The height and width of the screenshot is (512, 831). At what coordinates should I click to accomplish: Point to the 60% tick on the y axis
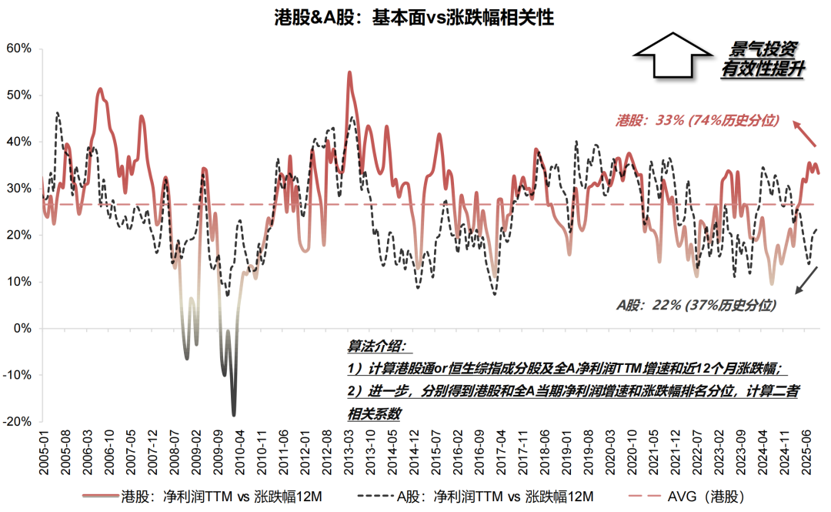pos(18,49)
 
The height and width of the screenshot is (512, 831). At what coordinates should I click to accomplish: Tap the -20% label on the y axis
pos(17,422)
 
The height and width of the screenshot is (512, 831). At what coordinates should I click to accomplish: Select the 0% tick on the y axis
pos(22,329)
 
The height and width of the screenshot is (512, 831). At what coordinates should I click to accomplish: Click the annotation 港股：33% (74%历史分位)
pos(698,120)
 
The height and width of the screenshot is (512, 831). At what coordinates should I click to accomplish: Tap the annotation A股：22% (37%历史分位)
pos(696,305)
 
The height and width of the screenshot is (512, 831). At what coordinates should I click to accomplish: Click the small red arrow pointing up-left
pos(806,134)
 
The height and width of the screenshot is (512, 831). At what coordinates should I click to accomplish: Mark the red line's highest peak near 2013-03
pos(349,72)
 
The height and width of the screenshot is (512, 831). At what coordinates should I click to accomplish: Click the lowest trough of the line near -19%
pos(234,414)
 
